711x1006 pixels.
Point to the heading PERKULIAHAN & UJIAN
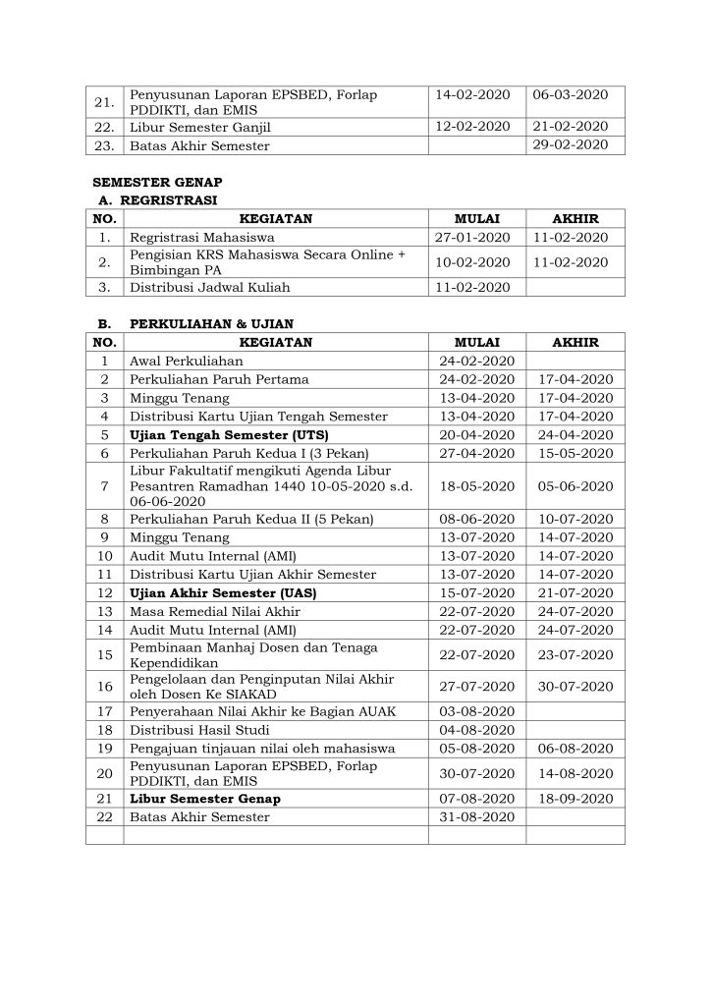pos(210,322)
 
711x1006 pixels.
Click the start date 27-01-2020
pos(472,237)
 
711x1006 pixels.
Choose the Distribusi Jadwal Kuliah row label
pos(210,288)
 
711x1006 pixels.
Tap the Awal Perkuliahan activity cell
pos(186,362)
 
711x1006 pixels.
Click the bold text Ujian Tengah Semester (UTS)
pos(229,434)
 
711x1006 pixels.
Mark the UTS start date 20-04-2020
pos(477,434)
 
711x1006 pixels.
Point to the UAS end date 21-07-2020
pos(575,593)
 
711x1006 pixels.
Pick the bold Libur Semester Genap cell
pos(204,798)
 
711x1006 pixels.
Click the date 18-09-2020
pos(575,798)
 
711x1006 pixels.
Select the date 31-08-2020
pos(477,815)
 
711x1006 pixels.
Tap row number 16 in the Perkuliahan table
pos(105,687)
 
